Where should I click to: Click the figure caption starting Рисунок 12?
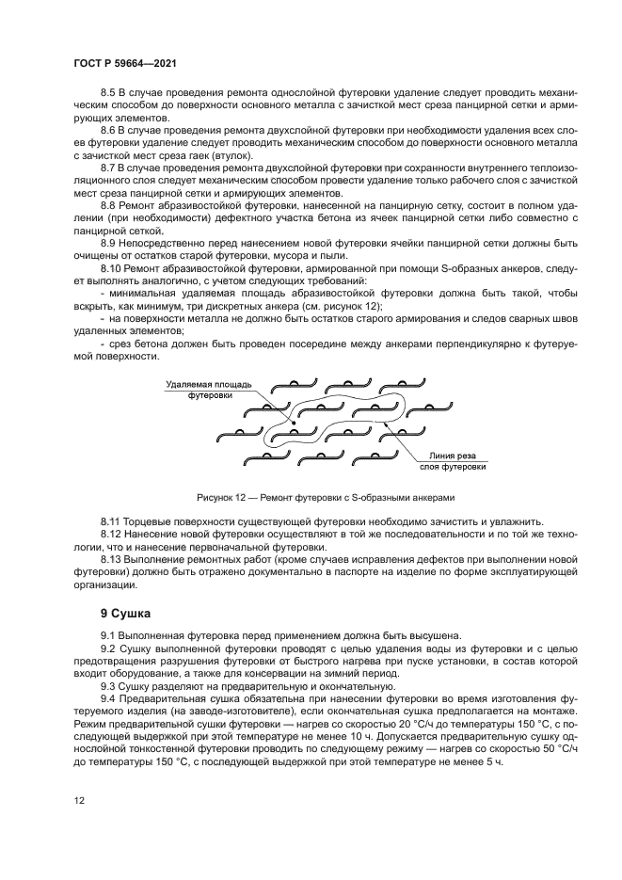326,497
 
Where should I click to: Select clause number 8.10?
110,269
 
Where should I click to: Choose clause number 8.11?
110,520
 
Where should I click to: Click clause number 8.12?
110,534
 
